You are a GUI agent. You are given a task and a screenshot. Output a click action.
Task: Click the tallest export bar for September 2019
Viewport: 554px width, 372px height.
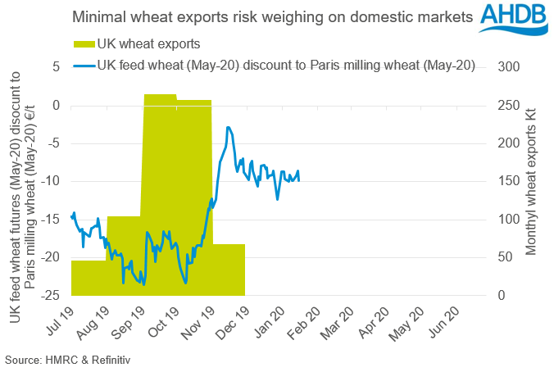click(x=160, y=197)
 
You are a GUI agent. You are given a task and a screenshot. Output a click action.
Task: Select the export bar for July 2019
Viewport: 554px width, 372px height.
click(x=89, y=279)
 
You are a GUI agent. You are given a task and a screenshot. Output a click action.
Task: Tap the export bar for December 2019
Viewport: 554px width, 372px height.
click(x=229, y=270)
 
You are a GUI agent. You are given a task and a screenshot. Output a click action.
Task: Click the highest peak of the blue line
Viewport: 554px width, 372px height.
click(x=228, y=127)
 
